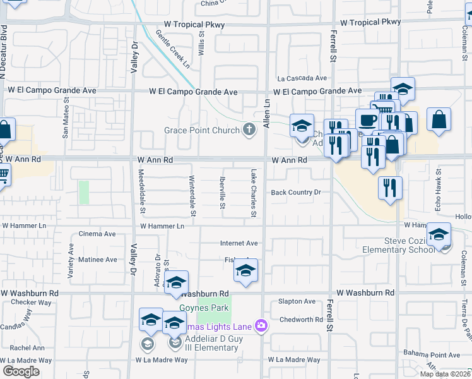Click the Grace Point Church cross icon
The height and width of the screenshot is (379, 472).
pyautogui.click(x=250, y=131)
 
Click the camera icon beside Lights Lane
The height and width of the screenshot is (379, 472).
pyautogui.click(x=261, y=326)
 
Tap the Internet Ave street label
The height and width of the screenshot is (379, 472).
pyautogui.click(x=239, y=243)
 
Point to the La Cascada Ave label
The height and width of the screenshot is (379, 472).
pyautogui.click(x=303, y=78)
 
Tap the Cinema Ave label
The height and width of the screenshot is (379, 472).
pyautogui.click(x=97, y=234)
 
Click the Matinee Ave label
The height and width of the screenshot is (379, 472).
pyautogui.click(x=97, y=260)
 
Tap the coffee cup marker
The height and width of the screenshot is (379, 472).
pyautogui.click(x=367, y=119)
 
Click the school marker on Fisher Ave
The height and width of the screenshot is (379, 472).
pyautogui.click(x=245, y=271)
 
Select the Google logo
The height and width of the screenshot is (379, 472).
pyautogui.click(x=21, y=371)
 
